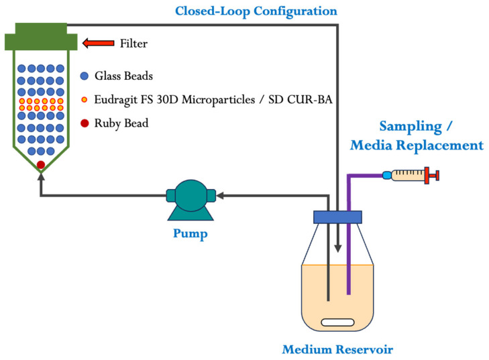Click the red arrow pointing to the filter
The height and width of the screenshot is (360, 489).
point(98,43)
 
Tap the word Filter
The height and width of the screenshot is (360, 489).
point(133,44)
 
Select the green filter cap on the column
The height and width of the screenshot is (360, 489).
point(41,36)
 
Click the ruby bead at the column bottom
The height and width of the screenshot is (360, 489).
point(41,164)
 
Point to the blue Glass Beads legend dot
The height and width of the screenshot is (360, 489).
point(85,76)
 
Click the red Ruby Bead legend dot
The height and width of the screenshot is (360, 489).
point(85,123)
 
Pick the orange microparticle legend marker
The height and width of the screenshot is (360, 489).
point(85,100)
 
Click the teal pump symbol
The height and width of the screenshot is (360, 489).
point(191,200)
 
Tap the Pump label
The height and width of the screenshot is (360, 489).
point(191,233)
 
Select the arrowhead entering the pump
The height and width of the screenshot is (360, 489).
point(220,196)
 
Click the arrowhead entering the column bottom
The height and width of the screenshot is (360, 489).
point(41,177)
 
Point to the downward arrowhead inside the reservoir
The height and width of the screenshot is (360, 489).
point(337,248)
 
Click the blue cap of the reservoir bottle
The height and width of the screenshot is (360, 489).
point(338,217)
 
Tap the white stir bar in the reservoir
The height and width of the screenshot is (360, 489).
point(337,322)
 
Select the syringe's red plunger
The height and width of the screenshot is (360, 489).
point(432,176)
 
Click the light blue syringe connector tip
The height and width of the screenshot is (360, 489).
point(387,175)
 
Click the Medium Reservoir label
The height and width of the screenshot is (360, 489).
point(337,349)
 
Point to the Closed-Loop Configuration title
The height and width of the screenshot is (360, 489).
point(256,11)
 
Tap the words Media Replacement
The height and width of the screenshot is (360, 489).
point(417,145)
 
